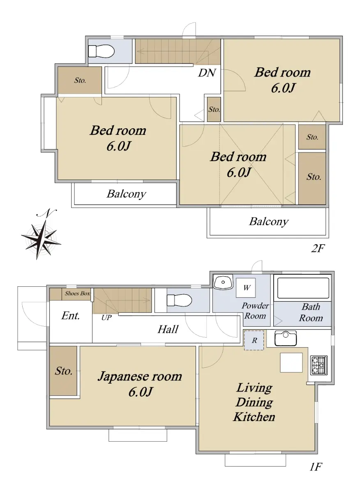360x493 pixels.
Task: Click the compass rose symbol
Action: pyautogui.click(x=41, y=235)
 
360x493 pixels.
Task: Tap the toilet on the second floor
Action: pyautogui.click(x=101, y=51)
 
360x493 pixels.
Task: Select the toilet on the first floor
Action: pyautogui.click(x=179, y=300)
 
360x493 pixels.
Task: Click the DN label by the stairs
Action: pyautogui.click(x=207, y=73)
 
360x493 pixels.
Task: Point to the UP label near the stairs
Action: pyautogui.click(x=106, y=318)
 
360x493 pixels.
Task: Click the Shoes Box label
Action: pyautogui.click(x=77, y=293)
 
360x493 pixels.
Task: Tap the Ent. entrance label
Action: pyautogui.click(x=70, y=316)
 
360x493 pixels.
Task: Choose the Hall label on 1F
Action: pyautogui.click(x=168, y=329)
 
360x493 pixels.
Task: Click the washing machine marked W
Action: pyautogui.click(x=246, y=288)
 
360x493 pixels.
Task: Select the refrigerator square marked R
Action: pyautogui.click(x=254, y=341)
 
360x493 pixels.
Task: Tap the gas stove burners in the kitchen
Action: pyautogui.click(x=319, y=365)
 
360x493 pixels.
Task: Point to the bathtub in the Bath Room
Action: pyautogui.click(x=303, y=288)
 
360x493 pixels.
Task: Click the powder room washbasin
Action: pyautogui.click(x=223, y=282)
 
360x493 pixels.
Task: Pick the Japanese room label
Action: pyautogui.click(x=140, y=376)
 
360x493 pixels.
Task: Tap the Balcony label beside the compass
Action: pyautogui.click(x=127, y=194)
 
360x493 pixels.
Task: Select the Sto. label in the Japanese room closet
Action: pyautogui.click(x=64, y=371)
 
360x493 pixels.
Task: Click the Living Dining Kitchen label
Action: pyautogui.click(x=254, y=402)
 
